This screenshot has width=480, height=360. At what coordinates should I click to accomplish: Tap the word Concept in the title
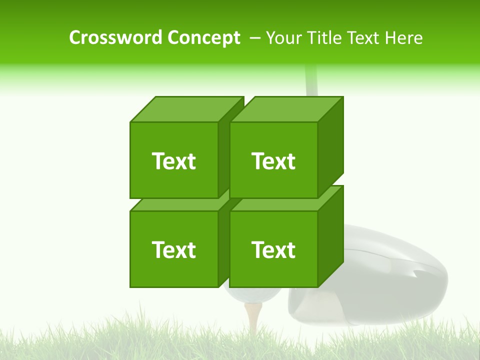coord(203,37)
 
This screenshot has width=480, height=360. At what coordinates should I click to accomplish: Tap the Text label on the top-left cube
coord(173,161)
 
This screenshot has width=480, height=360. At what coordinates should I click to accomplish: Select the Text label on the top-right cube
coord(273,161)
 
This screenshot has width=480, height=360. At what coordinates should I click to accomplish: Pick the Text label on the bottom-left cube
coord(173,249)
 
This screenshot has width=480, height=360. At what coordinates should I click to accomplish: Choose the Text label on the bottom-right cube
coord(273,249)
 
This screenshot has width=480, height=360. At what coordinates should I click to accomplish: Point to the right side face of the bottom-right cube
coord(330,235)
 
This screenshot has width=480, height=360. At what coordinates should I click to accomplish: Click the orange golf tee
coord(253,317)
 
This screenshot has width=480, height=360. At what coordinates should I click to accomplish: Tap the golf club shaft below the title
coord(310,80)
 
